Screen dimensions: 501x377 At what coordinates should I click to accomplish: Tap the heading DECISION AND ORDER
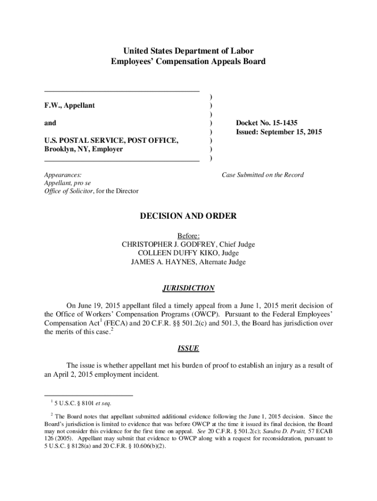[188, 216]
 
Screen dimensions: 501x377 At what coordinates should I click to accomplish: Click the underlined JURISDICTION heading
[188, 288]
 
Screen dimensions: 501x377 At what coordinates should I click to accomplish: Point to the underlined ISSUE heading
[188, 348]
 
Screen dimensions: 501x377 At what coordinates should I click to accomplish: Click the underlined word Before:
[188, 236]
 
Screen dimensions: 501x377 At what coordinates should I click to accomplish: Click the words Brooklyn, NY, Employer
[83, 149]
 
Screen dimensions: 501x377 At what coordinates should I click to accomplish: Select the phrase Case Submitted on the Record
[262, 175]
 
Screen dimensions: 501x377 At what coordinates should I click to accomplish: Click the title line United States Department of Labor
[188, 51]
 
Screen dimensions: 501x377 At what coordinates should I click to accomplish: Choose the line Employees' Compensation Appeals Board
[188, 62]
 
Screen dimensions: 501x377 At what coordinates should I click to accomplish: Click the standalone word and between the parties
[50, 123]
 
